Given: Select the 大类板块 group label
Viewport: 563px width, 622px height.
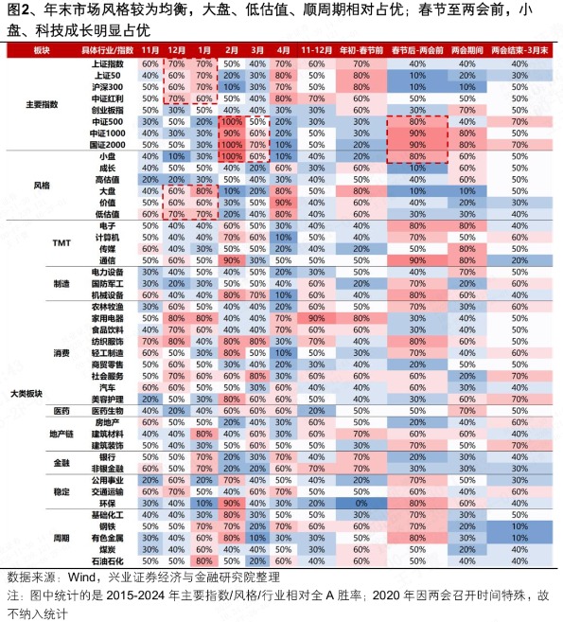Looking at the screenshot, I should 26,393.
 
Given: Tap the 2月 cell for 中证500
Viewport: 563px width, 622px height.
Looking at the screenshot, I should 231,121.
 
